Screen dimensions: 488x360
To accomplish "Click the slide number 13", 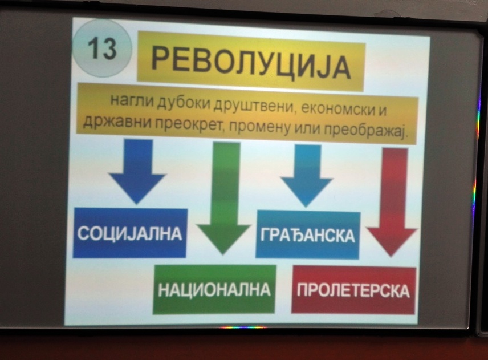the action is pos(102,49).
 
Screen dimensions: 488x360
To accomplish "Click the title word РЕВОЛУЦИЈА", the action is pos(251,66).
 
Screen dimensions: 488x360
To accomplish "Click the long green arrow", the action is pos(224,199).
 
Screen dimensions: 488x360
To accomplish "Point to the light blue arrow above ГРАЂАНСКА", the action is pos(306,176).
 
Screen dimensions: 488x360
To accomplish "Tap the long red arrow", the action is pos(393,203).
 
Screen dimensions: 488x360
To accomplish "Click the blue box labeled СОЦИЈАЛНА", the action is pos(130,233).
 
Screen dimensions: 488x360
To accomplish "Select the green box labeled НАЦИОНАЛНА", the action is pos(214,290).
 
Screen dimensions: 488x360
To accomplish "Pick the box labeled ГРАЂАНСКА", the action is pos(308,235).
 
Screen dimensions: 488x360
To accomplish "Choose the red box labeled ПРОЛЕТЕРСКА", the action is pos(354,290).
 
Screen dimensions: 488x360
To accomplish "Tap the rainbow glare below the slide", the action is pos(243,327).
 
